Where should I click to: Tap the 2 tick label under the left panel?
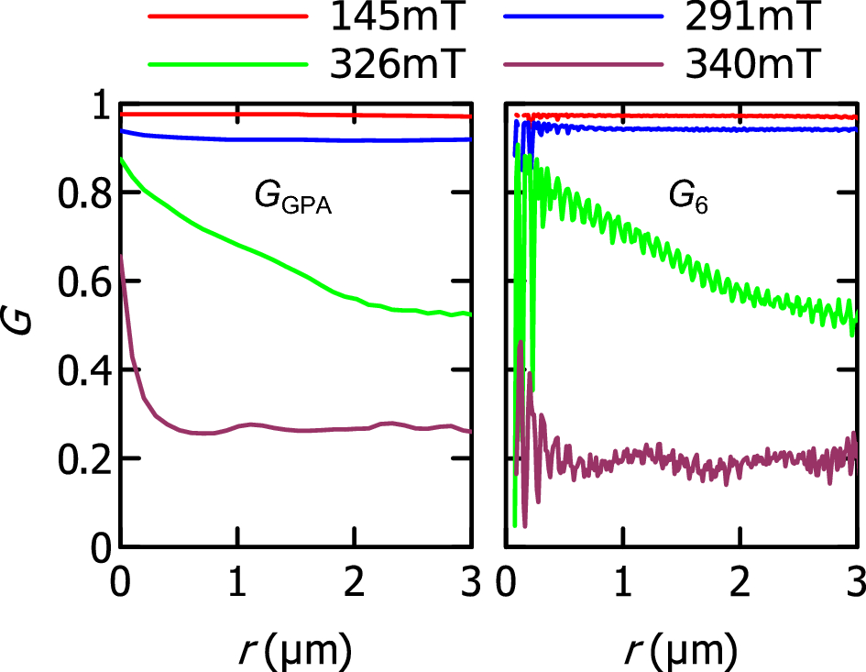(354, 585)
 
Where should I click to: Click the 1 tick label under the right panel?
(623, 585)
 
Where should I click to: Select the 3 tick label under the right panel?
(855, 585)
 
